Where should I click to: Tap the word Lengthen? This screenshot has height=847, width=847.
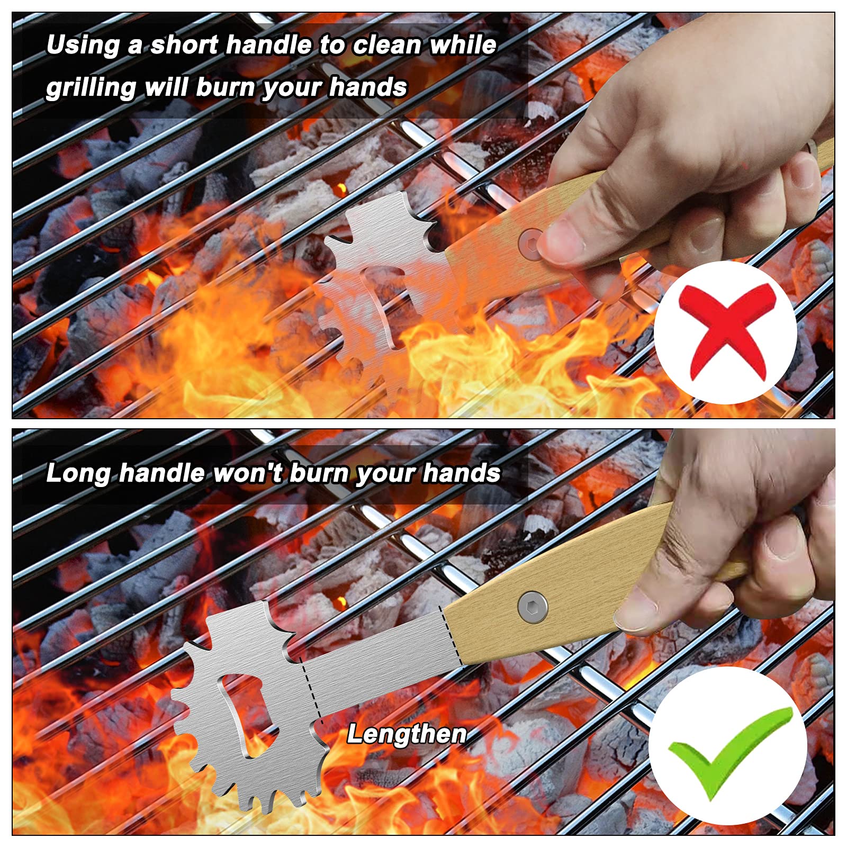407,734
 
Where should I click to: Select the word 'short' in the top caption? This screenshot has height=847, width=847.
184,46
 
